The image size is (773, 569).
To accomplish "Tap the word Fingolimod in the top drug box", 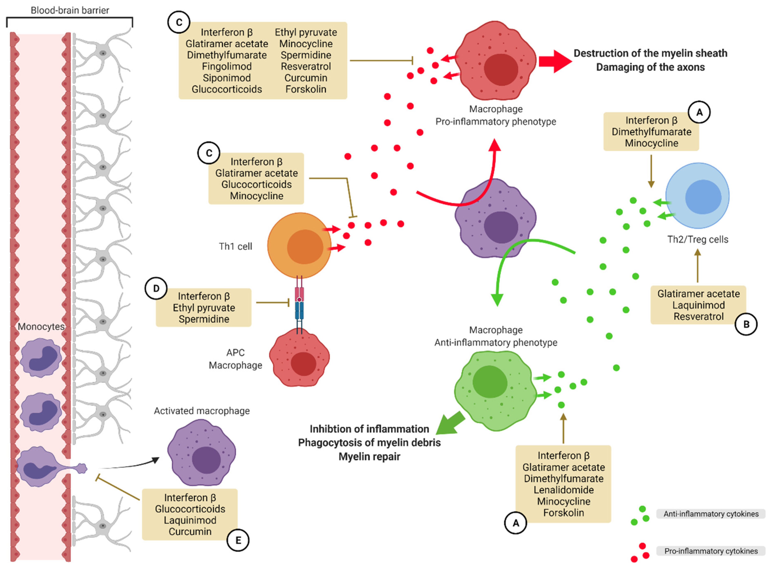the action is [227, 66].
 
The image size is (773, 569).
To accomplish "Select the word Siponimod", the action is [227, 78].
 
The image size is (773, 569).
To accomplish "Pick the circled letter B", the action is [746, 324].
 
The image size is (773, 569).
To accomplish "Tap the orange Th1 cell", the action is [299, 245].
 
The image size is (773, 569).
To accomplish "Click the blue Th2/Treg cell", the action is [697, 196].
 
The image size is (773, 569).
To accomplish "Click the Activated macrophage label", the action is [202, 411].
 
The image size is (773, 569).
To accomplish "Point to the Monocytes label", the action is [41, 326].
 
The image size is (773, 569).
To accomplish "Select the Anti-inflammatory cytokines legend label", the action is [711, 514].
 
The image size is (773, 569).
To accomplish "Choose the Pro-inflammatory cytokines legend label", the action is [711, 551].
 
